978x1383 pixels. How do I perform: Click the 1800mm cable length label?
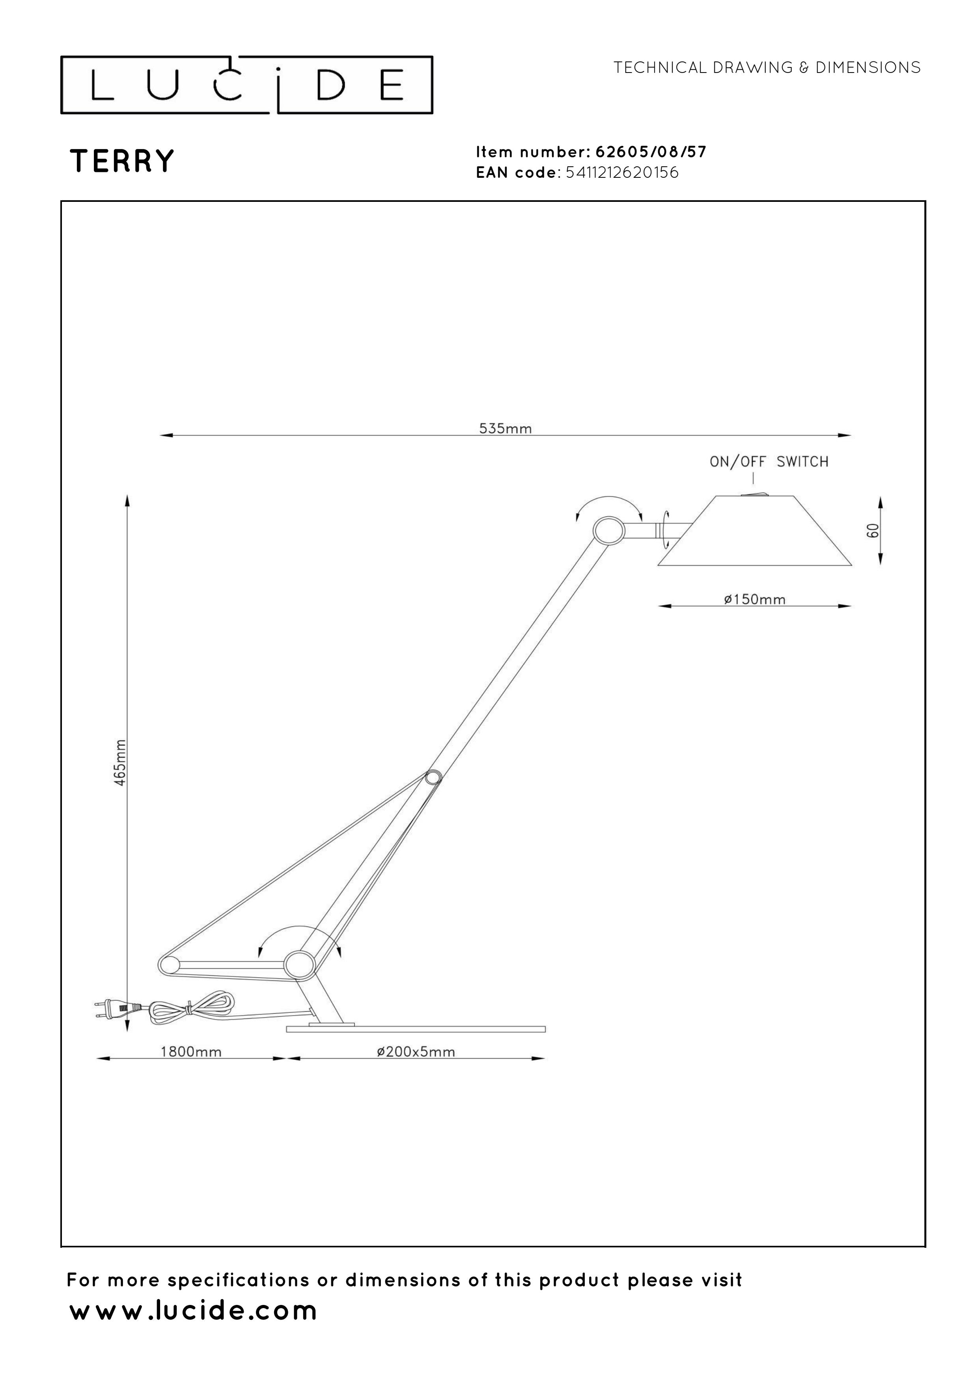tap(191, 1052)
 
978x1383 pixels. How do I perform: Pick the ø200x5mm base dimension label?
tap(416, 1052)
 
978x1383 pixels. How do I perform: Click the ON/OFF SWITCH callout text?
tap(769, 462)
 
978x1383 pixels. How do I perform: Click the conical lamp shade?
tap(754, 531)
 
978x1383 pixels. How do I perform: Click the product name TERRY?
tap(122, 161)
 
